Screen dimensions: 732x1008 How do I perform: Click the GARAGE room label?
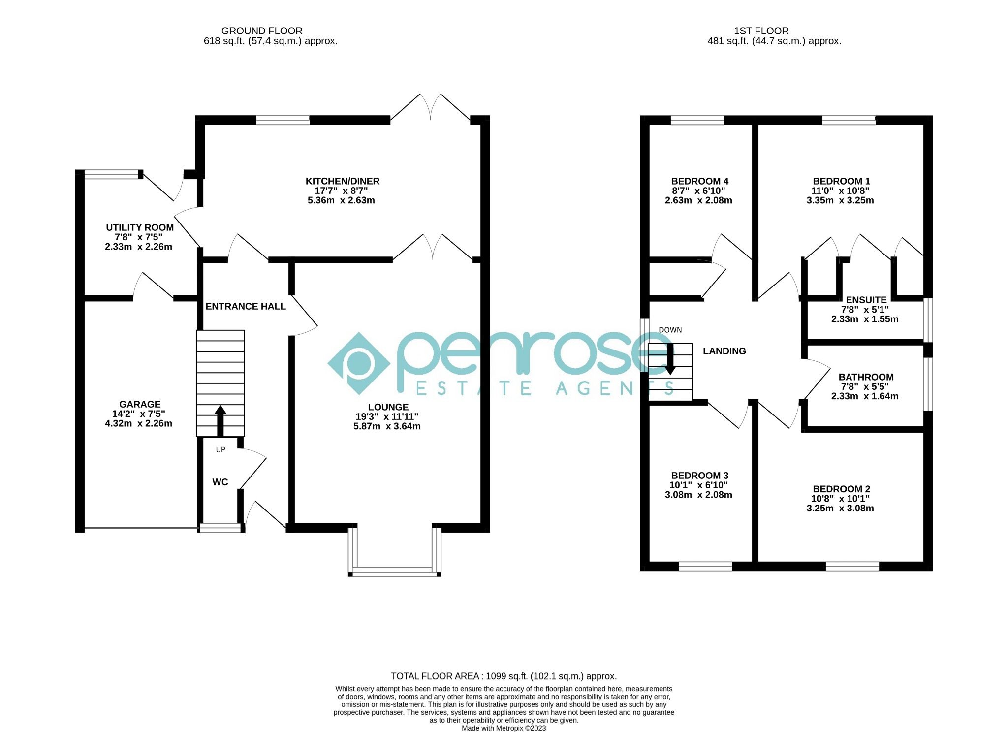140,404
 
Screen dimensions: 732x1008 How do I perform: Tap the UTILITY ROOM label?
140,227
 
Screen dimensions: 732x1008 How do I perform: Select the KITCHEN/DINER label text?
342,181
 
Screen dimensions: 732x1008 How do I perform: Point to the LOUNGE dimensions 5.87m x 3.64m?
387,426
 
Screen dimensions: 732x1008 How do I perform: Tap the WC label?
220,482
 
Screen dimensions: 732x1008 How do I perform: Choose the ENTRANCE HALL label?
245,306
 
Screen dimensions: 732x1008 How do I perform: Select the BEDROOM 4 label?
699,181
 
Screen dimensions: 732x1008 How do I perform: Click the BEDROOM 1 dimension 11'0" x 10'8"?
840,191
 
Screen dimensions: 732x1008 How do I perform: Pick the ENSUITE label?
866,300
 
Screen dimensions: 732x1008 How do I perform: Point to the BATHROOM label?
866,377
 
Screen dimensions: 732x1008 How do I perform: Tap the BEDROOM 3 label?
699,476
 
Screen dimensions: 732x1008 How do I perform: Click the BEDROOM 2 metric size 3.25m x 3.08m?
840,508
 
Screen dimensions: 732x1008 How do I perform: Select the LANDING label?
724,351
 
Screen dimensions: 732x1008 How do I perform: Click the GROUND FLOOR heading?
261,31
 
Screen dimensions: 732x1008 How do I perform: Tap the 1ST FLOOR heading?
761,31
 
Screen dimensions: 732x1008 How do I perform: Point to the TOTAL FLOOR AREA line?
504,676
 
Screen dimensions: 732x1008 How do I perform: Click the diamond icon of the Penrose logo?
359,363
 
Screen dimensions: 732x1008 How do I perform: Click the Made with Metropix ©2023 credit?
504,728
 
